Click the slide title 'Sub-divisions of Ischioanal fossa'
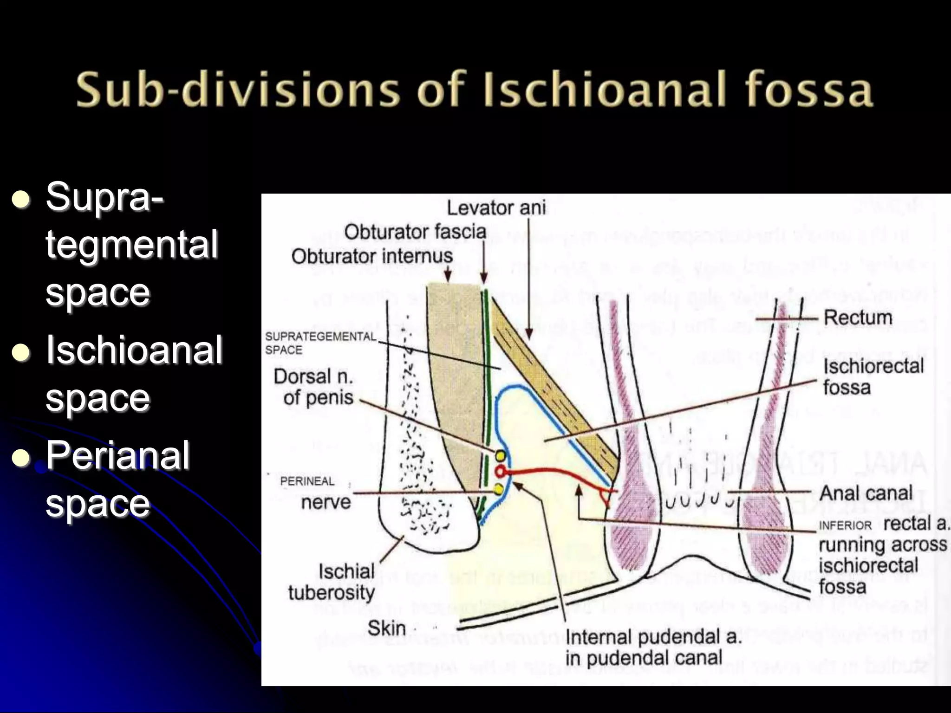tap(475, 89)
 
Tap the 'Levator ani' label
tap(496, 207)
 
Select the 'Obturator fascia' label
tap(415, 232)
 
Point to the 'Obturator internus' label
tap(372, 256)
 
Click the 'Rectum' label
tap(858, 318)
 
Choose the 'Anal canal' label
tap(866, 493)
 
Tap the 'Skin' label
tap(386, 628)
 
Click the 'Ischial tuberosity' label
tap(332, 582)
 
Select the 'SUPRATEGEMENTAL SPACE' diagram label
tap(320, 343)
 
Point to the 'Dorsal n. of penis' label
tap(314, 387)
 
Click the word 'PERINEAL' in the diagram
tap(307, 481)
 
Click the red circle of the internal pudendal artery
tap(500, 472)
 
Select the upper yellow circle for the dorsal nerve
tap(500, 455)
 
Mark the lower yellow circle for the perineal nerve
tap(499, 489)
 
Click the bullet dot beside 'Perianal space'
tap(21, 458)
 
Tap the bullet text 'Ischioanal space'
tap(133, 374)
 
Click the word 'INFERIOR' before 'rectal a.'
tap(845, 525)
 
